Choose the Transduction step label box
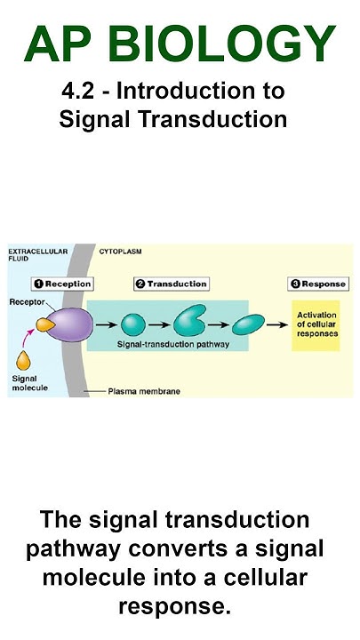point(171,284)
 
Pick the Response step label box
point(317,284)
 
